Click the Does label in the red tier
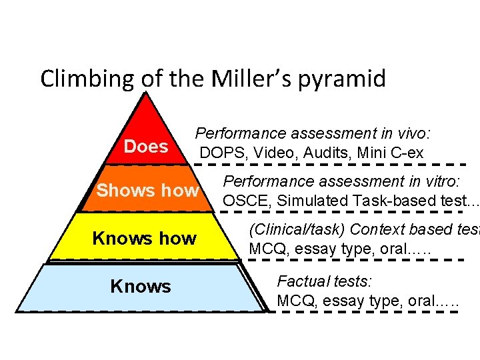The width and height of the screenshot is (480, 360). (x=146, y=147)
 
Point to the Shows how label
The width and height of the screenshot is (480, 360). (x=147, y=191)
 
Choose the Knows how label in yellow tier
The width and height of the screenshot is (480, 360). (x=144, y=238)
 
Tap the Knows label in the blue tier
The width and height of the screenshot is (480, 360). (x=141, y=287)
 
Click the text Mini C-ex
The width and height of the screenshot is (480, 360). (x=390, y=153)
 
